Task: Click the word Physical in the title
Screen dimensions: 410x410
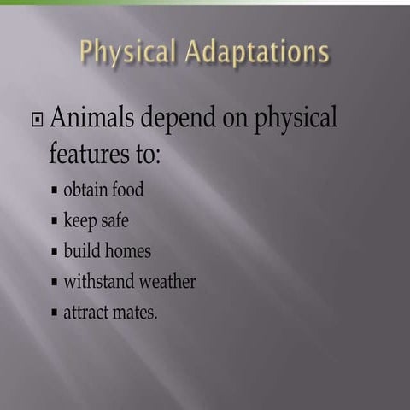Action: pos(126,52)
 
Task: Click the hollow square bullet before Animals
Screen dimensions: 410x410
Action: pos(37,119)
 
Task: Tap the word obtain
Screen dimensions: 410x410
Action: pos(85,190)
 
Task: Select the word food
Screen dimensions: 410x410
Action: pos(128,190)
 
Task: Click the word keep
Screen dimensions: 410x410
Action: pos(80,220)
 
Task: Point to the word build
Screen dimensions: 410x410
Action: pos(82,251)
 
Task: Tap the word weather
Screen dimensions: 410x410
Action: pos(168,282)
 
